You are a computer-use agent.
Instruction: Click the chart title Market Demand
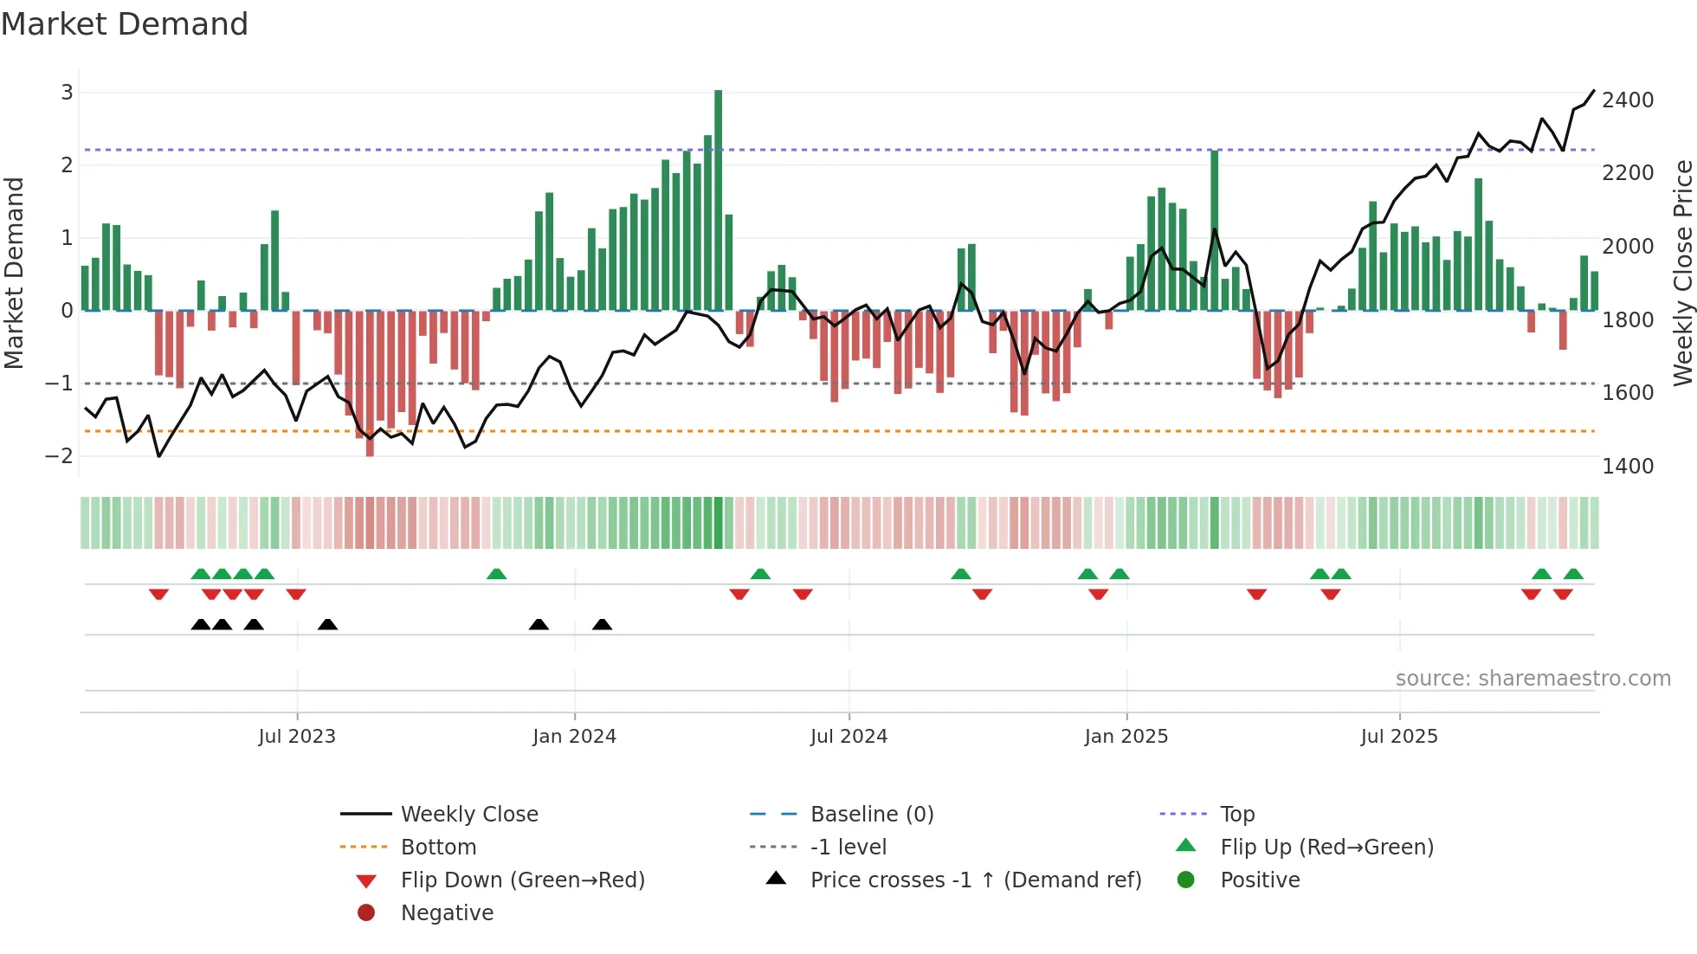tap(125, 24)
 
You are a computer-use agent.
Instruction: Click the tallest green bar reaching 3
tap(718, 199)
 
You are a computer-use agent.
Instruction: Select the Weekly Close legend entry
tap(468, 814)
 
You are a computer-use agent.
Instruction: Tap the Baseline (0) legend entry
tap(871, 814)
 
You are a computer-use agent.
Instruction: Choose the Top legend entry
tap(1236, 814)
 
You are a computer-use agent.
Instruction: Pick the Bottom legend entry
tap(438, 847)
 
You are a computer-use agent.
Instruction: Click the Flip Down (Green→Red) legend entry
tap(522, 880)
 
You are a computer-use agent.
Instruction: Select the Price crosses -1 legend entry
tap(975, 880)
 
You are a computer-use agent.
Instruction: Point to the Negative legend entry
tap(447, 912)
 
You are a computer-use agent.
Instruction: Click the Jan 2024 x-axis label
tap(574, 736)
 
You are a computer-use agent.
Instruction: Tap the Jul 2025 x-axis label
tap(1398, 736)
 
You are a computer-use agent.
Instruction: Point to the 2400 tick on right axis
tap(1628, 100)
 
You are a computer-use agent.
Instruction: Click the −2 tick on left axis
tap(60, 455)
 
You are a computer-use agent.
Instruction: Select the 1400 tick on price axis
tap(1628, 467)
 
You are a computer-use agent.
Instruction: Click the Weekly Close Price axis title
tap(1682, 273)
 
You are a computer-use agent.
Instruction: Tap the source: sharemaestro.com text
tap(1532, 678)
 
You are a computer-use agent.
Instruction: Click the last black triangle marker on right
tap(603, 624)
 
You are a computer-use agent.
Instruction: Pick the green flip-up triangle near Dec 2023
tap(496, 574)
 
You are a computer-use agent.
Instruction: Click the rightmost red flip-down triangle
tap(1563, 594)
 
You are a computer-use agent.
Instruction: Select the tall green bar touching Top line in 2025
tap(1214, 230)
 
